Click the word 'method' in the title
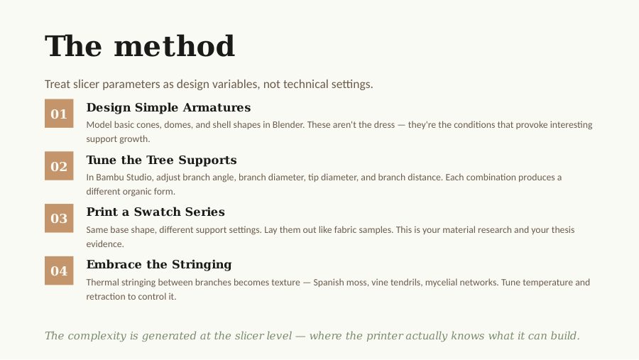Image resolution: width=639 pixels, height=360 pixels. click(175, 45)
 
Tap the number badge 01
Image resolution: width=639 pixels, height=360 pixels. click(59, 114)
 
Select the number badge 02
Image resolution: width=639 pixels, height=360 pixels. click(59, 166)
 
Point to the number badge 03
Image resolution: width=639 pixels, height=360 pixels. click(59, 218)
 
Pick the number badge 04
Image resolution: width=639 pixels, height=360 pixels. click(59, 271)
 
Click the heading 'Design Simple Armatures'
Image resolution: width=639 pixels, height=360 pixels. click(168, 107)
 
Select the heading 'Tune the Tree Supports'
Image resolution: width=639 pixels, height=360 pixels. click(161, 160)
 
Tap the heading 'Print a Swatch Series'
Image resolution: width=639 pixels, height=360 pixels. click(155, 212)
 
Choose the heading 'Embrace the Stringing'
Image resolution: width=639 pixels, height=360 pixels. click(159, 265)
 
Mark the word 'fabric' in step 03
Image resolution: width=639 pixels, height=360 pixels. click(346, 230)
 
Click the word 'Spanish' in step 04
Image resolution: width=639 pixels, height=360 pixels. click(327, 283)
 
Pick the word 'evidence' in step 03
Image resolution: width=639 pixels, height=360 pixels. click(105, 244)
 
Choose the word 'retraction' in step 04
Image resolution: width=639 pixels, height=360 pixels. click(106, 297)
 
